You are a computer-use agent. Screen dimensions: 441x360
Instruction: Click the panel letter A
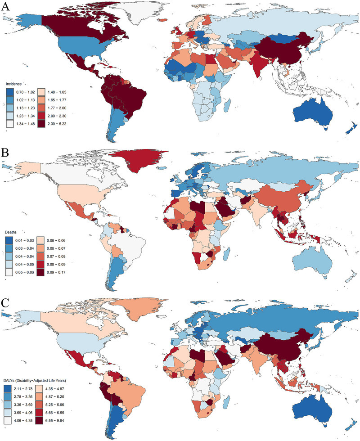(x=6, y=6)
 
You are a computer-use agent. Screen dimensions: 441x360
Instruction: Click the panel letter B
(x=5, y=153)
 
